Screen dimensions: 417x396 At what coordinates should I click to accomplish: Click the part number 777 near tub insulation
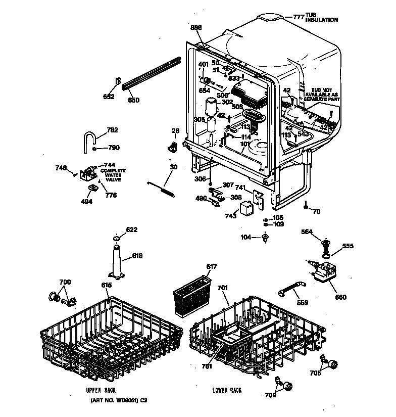click(x=299, y=17)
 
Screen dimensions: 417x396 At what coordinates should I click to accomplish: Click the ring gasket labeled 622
click(x=116, y=238)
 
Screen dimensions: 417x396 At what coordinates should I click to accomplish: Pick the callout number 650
click(x=133, y=100)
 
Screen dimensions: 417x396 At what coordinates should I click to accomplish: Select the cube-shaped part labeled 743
click(x=246, y=207)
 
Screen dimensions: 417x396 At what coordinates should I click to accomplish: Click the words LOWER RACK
click(x=227, y=390)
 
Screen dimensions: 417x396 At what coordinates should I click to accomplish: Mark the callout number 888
click(x=196, y=27)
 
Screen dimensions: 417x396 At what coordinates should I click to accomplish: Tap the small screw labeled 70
click(x=307, y=205)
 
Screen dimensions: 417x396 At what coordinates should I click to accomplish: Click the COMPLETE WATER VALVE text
click(x=113, y=175)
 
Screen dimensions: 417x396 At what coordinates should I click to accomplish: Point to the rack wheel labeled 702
click(x=288, y=387)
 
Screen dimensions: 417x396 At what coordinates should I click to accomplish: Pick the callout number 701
click(x=223, y=288)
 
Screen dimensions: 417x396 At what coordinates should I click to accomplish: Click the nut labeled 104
click(x=265, y=237)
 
